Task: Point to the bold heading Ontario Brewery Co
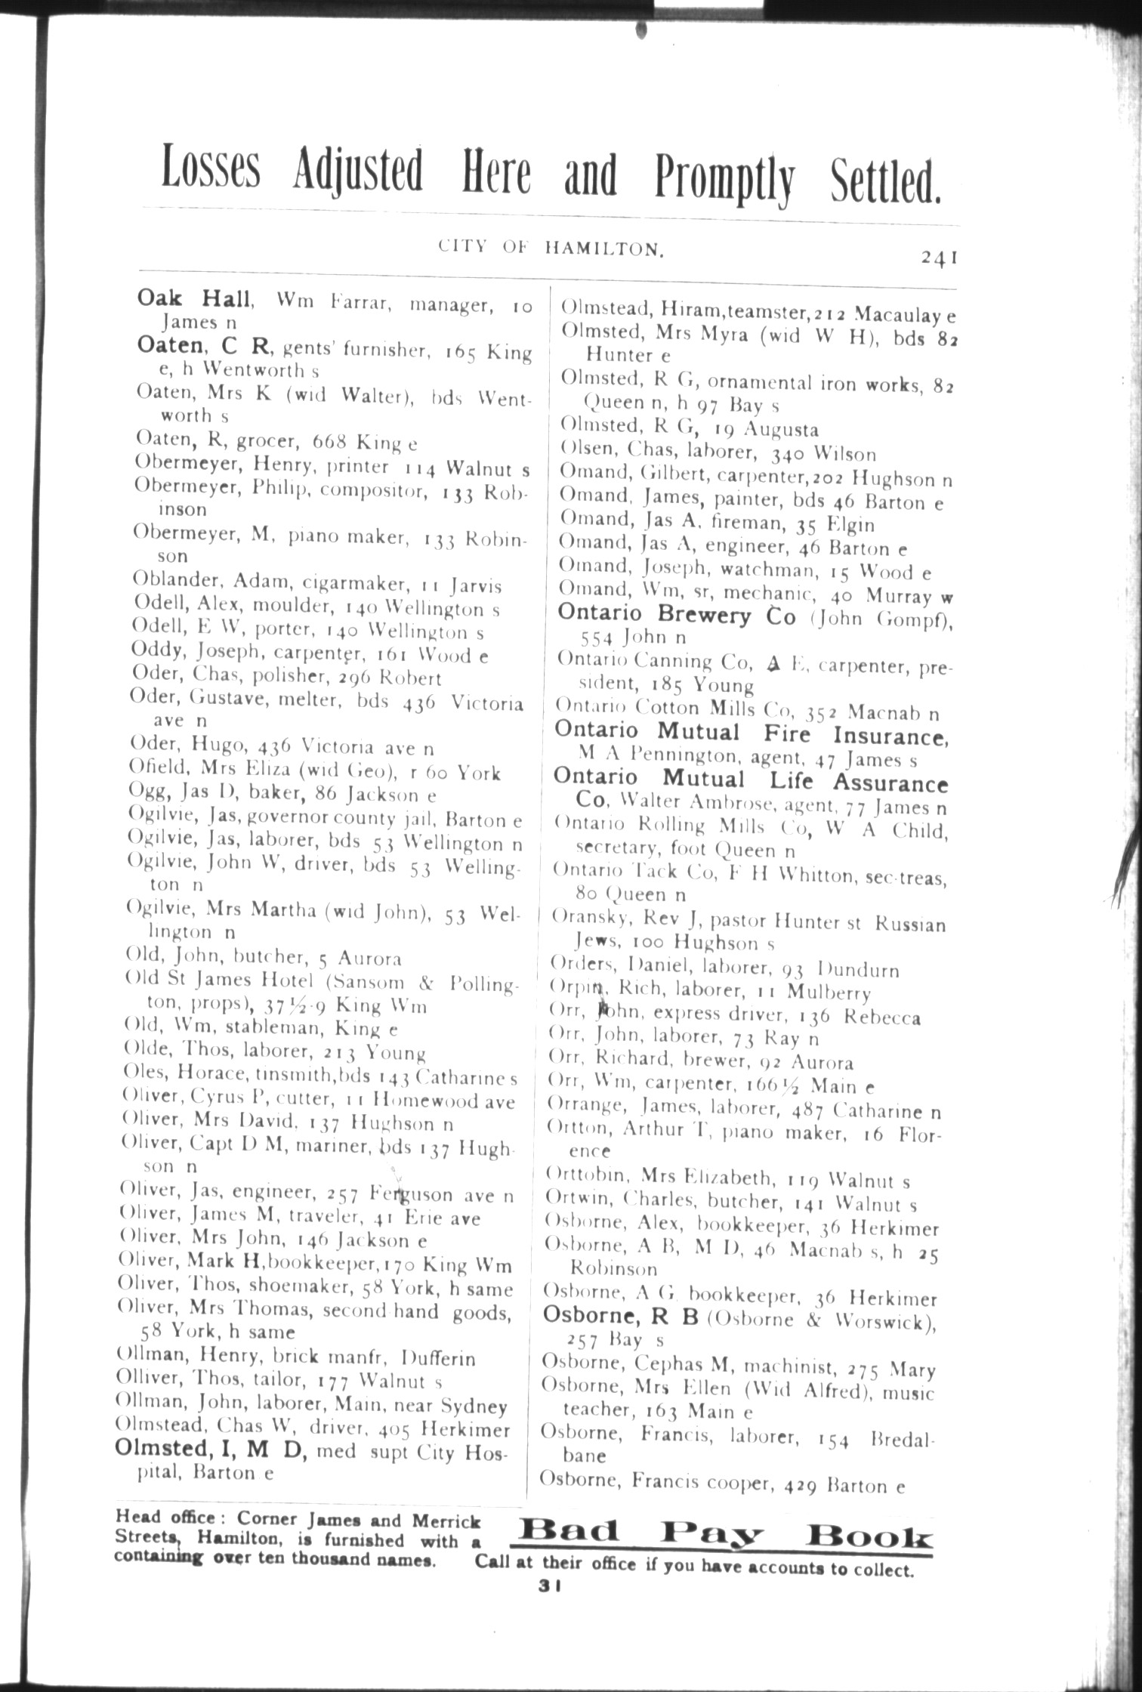(x=676, y=615)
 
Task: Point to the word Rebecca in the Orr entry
(x=881, y=1017)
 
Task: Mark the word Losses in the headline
(x=211, y=171)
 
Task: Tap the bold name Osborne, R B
(x=621, y=1317)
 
